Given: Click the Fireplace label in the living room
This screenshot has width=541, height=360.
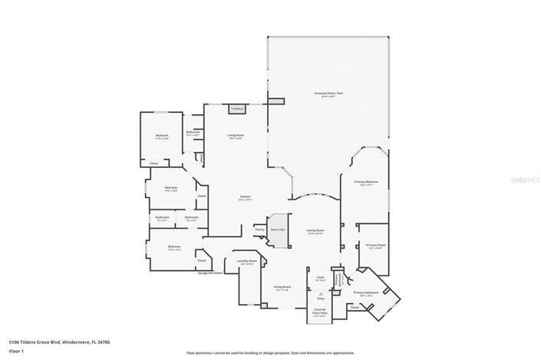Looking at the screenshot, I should tap(238, 109).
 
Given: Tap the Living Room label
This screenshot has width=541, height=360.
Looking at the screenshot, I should tap(235, 136).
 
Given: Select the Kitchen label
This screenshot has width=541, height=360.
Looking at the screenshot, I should tap(246, 197).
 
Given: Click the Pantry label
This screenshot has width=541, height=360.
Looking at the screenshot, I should tap(259, 230).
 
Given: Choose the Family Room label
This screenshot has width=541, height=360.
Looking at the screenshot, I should tap(316, 230).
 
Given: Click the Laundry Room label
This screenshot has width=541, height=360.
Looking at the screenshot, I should tap(248, 262).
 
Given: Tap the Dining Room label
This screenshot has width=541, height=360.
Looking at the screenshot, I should tap(282, 288).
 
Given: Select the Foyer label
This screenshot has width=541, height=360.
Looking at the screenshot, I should tap(320, 278).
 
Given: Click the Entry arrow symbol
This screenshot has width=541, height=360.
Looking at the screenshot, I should tap(320, 295).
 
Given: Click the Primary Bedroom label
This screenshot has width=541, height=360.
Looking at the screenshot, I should tap(366, 183).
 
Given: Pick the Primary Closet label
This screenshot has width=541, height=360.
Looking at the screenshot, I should tap(375, 246).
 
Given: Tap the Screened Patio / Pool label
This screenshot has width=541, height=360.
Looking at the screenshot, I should tap(328, 94).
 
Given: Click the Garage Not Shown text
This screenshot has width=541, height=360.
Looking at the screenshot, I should tap(209, 272).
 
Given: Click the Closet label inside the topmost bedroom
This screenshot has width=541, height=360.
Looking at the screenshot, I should tap(153, 163).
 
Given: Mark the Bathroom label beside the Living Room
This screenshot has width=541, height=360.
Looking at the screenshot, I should tap(193, 133).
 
